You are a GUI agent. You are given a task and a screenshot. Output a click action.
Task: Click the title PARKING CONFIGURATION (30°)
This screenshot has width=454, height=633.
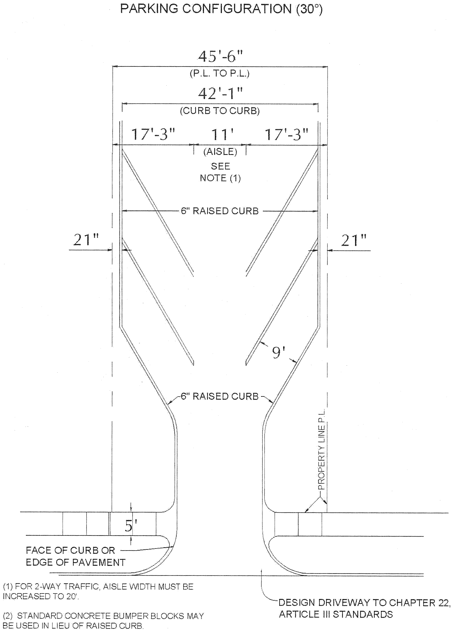[x=221, y=9]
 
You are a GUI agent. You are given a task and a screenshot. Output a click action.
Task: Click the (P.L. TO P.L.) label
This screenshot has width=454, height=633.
[x=220, y=73]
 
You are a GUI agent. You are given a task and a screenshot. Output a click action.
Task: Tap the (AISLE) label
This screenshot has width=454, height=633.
[x=220, y=152]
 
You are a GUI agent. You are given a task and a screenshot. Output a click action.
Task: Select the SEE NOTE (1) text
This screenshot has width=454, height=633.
[x=220, y=172]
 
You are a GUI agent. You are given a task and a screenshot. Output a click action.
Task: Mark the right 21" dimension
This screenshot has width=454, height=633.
[x=354, y=240]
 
